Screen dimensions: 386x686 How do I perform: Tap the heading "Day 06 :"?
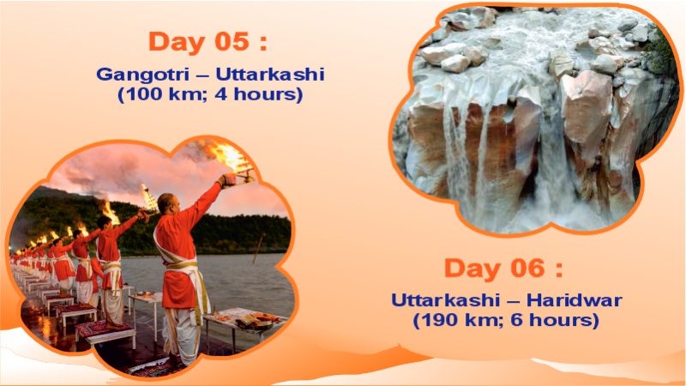pos(503,268)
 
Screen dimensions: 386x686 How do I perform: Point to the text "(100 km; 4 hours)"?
pos(210,94)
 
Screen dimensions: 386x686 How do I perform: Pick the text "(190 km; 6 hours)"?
pos(505,321)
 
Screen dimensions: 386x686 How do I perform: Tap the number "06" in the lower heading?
pos(525,268)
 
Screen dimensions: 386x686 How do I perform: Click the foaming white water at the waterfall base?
pos(549,210)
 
